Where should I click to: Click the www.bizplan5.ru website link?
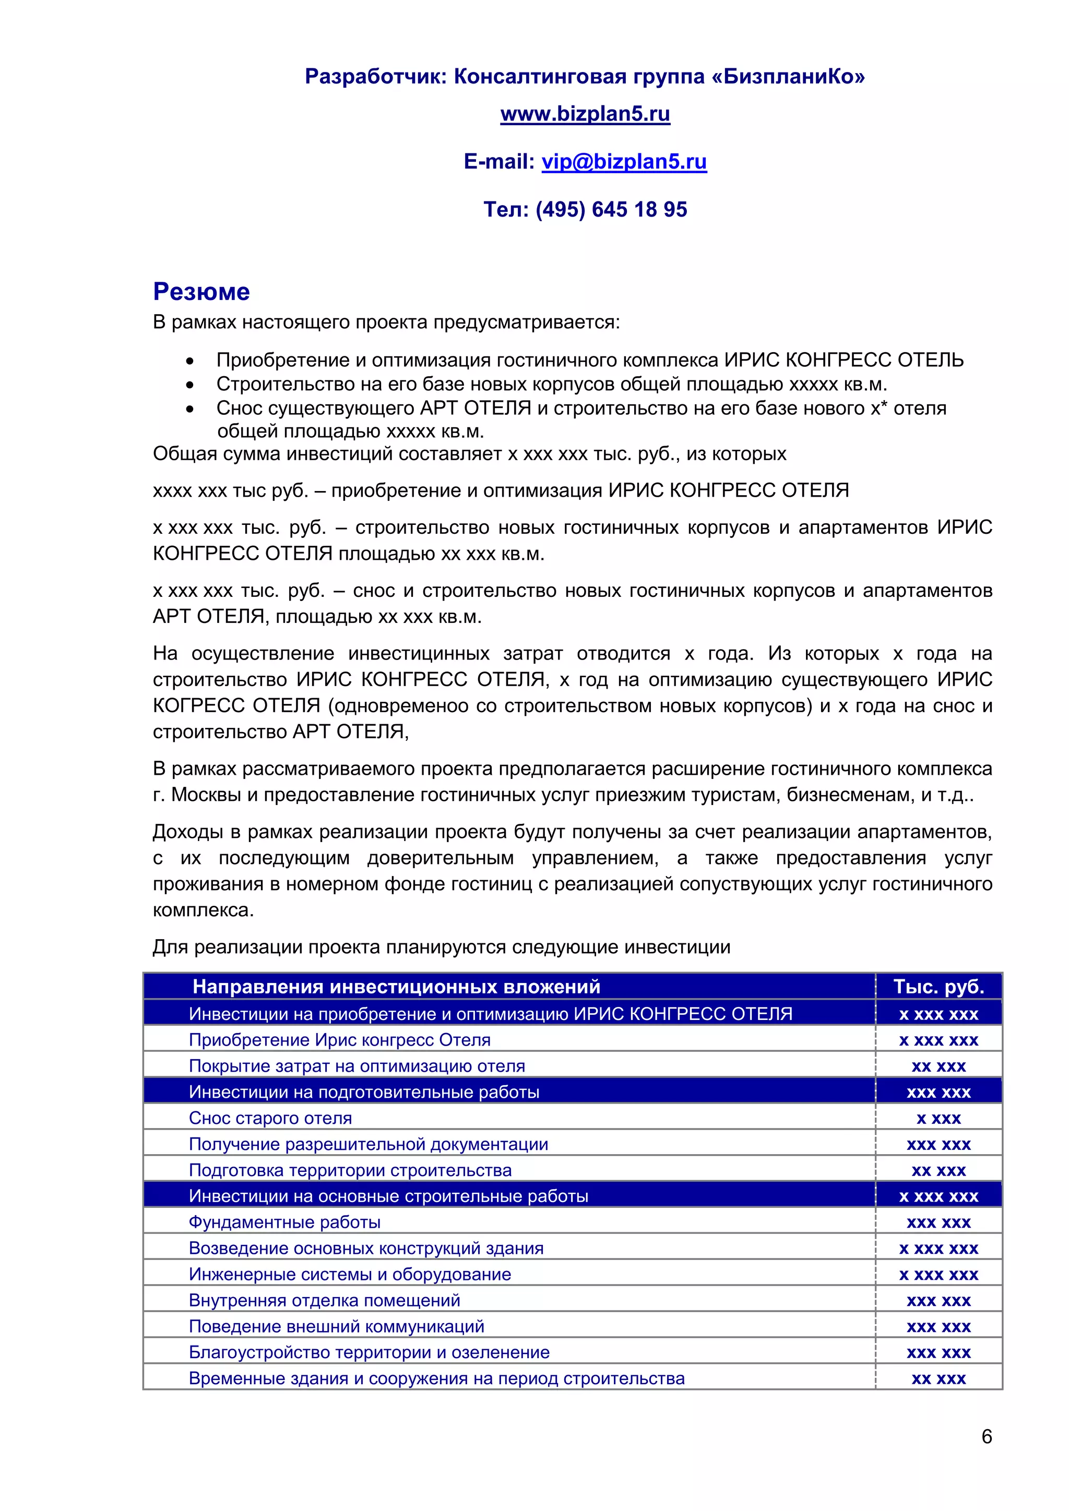[x=585, y=114]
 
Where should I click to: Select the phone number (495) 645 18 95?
[x=611, y=209]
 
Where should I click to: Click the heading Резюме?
[x=201, y=292]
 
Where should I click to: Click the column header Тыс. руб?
[x=938, y=987]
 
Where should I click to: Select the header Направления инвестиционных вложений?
[x=396, y=987]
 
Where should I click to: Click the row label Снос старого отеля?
[x=270, y=1118]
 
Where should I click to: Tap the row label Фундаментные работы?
[x=284, y=1222]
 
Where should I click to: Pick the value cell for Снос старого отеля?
[x=938, y=1118]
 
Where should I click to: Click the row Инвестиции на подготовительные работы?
[x=363, y=1092]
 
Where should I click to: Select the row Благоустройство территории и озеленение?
[x=369, y=1352]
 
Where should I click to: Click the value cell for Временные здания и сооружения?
[x=938, y=1378]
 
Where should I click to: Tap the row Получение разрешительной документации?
[x=368, y=1144]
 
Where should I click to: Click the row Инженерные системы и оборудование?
[x=350, y=1274]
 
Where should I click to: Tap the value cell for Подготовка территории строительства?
[x=938, y=1170]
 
